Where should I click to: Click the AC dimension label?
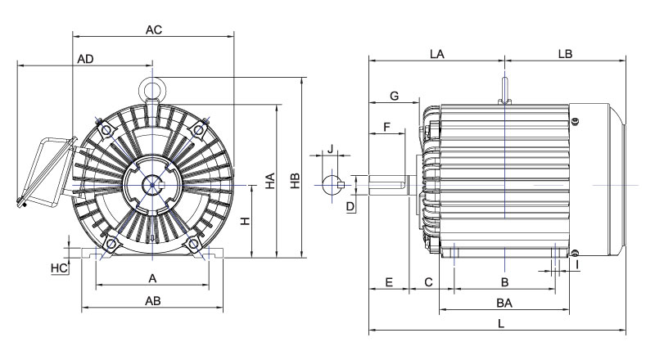click(154, 29)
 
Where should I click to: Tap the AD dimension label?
click(85, 60)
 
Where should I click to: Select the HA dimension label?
click(270, 185)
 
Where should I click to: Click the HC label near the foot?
click(58, 268)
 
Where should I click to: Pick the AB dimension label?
click(152, 300)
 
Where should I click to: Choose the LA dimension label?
click(436, 54)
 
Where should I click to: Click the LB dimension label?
click(564, 54)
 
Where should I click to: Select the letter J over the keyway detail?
click(330, 149)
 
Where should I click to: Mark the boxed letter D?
click(350, 207)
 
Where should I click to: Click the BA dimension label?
click(504, 303)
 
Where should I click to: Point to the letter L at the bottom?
click(501, 323)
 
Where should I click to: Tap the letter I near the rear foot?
click(577, 264)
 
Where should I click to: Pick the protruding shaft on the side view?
click(389, 184)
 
